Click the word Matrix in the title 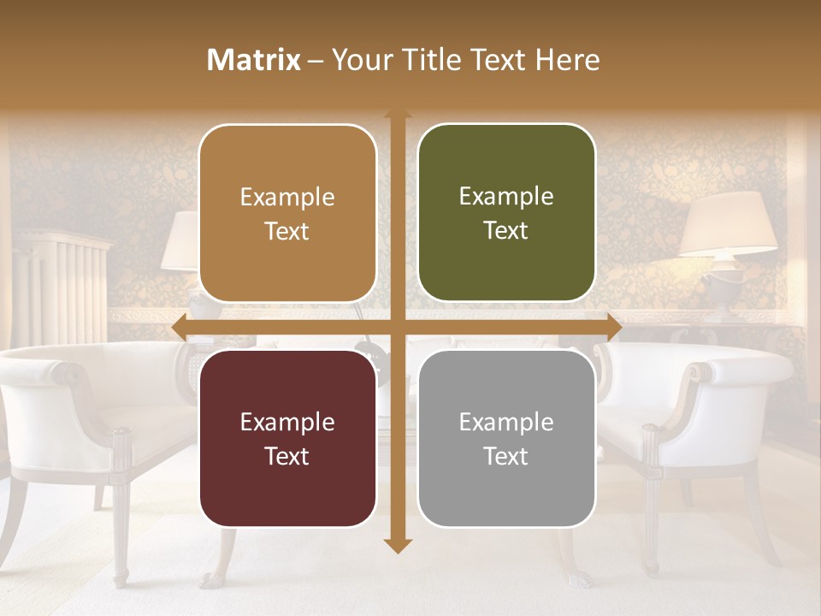[x=254, y=60]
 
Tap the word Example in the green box [x=506, y=197]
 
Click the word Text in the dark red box [x=287, y=456]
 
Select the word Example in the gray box [x=506, y=422]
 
